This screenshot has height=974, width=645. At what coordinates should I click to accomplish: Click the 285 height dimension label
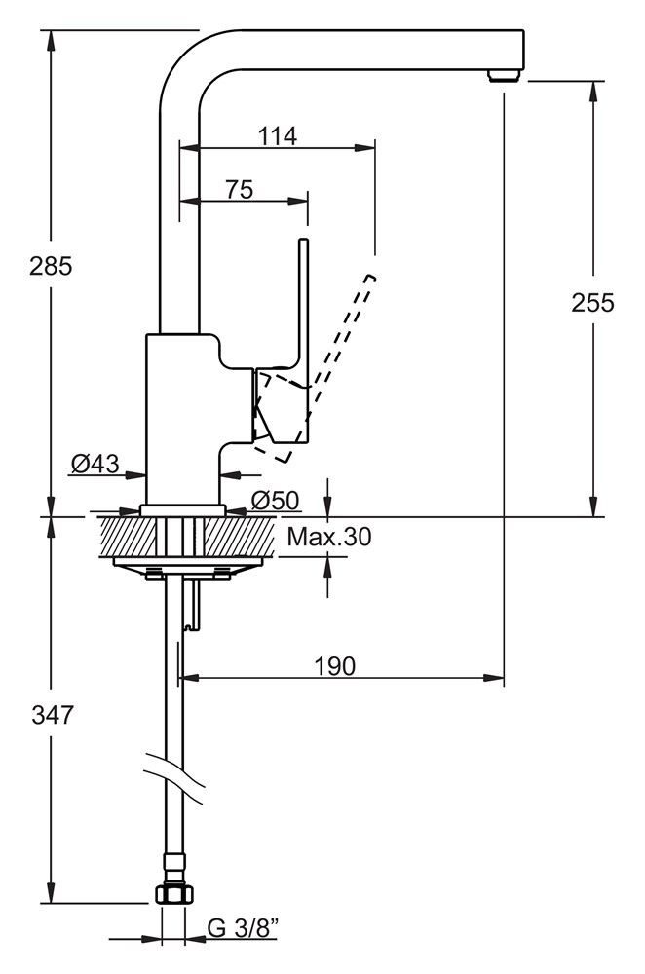click(x=51, y=265)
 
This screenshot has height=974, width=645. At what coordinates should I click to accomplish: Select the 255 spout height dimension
click(x=592, y=302)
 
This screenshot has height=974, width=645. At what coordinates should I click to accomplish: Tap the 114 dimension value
click(x=278, y=135)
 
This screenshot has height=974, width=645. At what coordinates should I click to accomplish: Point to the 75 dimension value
click(x=240, y=189)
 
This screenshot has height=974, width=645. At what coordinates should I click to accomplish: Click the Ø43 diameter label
click(x=95, y=463)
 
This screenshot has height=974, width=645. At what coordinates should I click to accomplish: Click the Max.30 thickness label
click(x=328, y=536)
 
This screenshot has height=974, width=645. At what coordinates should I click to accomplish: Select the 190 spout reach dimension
click(x=335, y=666)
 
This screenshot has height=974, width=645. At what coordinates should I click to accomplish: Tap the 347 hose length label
click(x=53, y=715)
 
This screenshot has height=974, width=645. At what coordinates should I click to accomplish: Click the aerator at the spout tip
click(x=504, y=76)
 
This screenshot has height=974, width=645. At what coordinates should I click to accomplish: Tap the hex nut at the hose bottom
click(x=173, y=894)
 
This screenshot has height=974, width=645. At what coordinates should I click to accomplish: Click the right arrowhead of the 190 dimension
click(x=495, y=678)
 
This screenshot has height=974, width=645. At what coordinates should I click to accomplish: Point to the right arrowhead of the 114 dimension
click(x=365, y=148)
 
